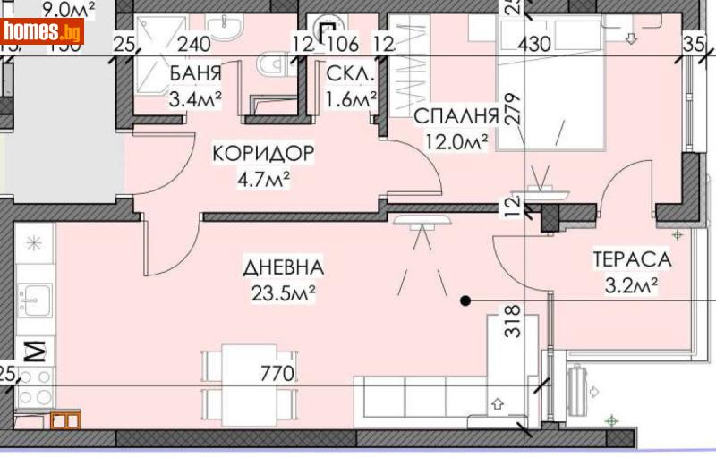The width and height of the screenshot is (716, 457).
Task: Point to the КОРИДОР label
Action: tap(263, 154)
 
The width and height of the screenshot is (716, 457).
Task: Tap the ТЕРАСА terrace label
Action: tap(631, 260)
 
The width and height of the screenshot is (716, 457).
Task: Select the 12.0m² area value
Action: tap(456, 141)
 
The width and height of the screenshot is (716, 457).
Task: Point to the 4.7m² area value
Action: tap(264, 178)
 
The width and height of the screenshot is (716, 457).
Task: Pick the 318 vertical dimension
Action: tap(512, 320)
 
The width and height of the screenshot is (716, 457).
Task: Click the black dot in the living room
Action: tap(465, 301)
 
